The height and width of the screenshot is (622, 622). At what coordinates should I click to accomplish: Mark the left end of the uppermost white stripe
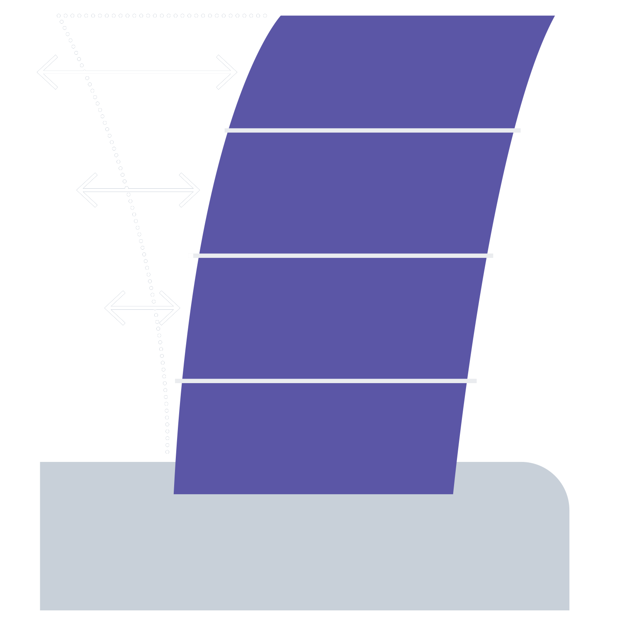(x=225, y=130)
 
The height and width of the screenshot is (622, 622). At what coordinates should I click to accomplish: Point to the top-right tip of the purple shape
(x=555, y=16)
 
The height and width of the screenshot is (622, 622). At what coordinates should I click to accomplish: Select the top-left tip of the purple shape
(x=281, y=16)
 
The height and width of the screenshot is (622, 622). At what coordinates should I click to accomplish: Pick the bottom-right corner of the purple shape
(x=453, y=494)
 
